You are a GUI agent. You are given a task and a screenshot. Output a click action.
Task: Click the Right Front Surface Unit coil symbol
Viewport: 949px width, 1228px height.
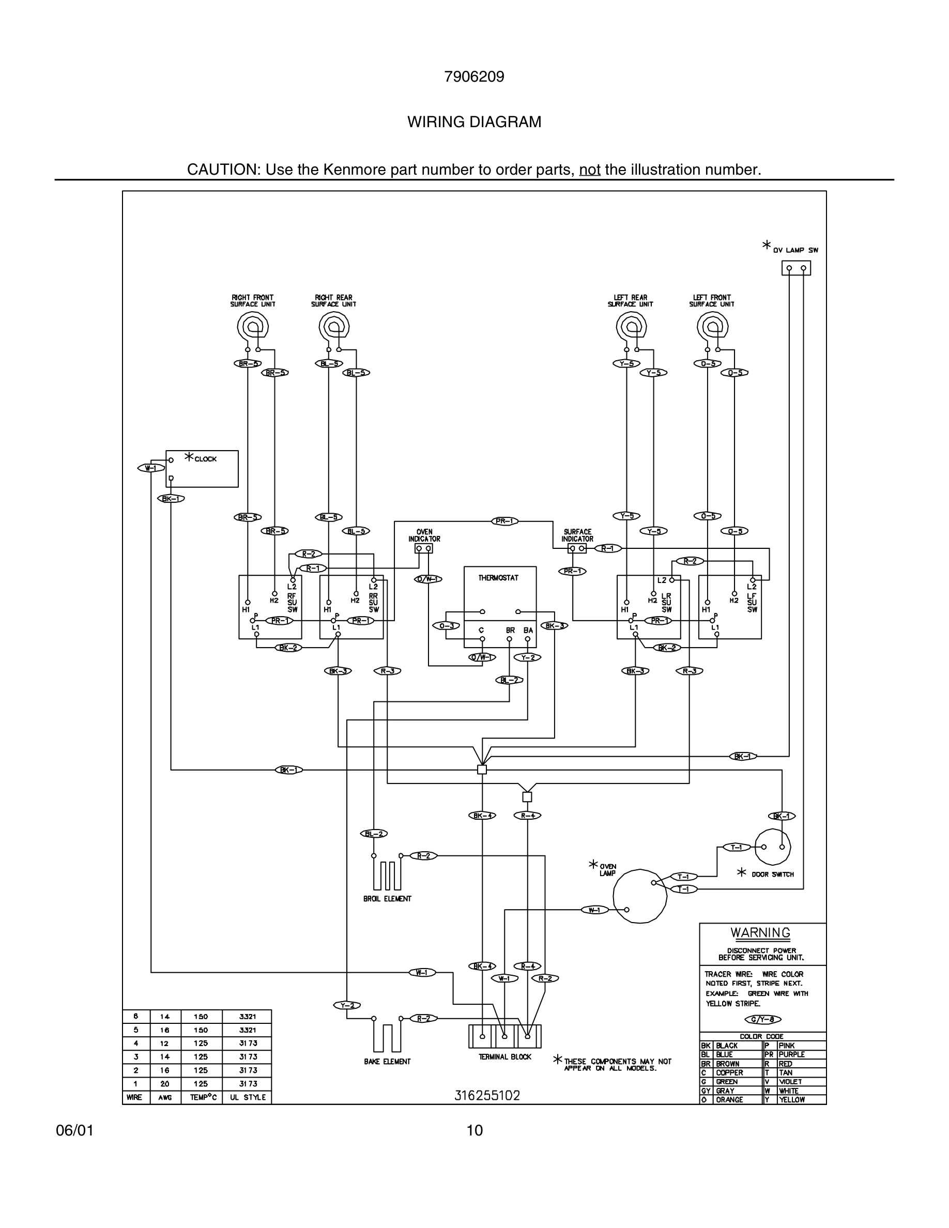pos(252,326)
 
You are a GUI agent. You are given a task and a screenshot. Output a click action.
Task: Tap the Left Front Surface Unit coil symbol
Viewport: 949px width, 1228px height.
pos(712,326)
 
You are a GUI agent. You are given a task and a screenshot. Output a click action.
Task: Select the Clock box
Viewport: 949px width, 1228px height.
pos(202,468)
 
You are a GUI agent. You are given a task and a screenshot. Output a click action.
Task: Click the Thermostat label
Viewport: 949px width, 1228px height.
pos(498,577)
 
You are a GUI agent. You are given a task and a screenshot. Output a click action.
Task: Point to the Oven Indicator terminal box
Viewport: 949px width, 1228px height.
pos(424,548)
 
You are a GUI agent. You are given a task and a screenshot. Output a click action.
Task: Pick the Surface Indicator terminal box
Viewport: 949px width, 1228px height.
pos(577,548)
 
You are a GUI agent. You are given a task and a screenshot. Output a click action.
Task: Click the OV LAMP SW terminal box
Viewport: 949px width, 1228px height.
pos(796,268)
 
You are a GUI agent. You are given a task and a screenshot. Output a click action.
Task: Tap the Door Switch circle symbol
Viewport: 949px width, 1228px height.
pos(772,847)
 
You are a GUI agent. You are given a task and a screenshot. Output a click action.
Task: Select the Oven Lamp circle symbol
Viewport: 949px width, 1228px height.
pos(639,896)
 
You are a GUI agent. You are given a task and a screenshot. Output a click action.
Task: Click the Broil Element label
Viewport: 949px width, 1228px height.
pos(387,898)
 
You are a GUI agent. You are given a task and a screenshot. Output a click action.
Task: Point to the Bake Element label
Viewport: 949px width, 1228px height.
pos(387,1061)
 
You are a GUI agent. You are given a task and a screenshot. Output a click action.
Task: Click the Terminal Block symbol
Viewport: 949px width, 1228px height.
pos(505,1036)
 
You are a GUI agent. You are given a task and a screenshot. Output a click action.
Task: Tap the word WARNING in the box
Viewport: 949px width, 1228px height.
pos(760,932)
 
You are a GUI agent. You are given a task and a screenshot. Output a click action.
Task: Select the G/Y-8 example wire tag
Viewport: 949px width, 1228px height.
pos(763,1019)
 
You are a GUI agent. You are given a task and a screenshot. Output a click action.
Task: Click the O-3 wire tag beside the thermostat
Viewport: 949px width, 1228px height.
pos(446,626)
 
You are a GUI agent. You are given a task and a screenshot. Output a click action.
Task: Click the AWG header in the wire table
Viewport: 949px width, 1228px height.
pos(165,1097)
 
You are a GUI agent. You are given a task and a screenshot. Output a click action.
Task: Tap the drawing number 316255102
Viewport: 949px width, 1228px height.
pos(487,1095)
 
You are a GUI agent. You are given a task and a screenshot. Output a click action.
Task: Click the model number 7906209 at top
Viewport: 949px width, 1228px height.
pos(474,76)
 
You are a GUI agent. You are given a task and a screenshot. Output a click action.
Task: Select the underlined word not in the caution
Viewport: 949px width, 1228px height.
pos(589,169)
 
